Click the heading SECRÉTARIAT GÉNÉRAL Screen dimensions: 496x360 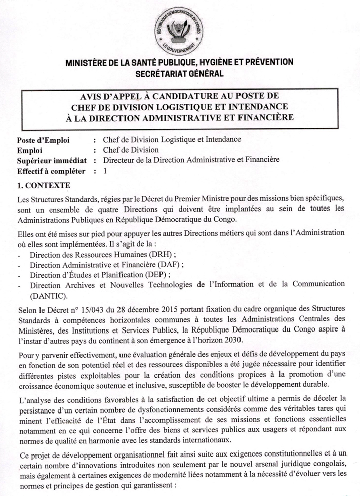coord(179,73)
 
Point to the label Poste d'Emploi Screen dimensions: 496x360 coord(43,139)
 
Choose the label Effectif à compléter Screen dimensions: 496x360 coord(51,171)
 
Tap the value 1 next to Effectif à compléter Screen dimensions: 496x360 coord(105,171)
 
